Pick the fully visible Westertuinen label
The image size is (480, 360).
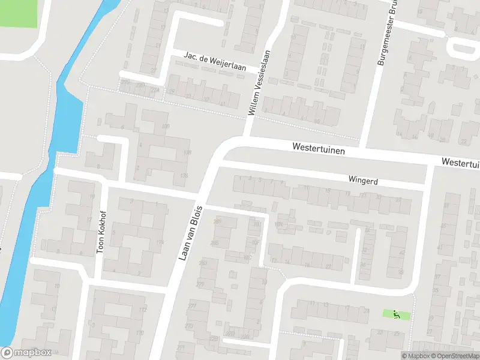(x=319, y=147)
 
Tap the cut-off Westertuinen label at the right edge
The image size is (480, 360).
(x=461, y=163)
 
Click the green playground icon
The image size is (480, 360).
(x=396, y=314)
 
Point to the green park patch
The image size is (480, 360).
(x=18, y=12)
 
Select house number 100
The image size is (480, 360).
(x=166, y=126)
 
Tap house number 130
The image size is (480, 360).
(x=187, y=153)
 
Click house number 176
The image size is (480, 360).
(x=184, y=176)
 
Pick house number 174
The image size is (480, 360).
(x=160, y=242)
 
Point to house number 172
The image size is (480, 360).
(x=143, y=310)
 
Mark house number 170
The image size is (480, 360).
(x=140, y=332)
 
